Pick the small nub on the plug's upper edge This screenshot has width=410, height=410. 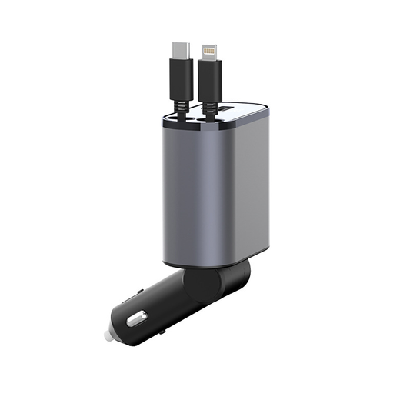pos(141,292)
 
